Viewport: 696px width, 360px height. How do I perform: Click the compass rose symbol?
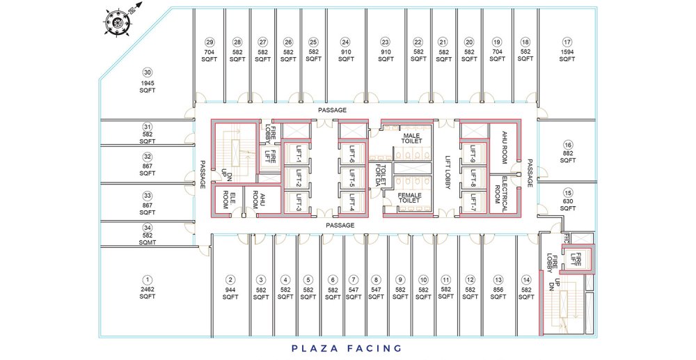point(118,20)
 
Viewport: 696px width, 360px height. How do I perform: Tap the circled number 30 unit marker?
point(147,72)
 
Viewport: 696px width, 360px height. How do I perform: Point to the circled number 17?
point(567,42)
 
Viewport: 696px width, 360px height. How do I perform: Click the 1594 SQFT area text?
point(567,56)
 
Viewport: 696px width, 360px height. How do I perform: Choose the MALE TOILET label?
point(411,138)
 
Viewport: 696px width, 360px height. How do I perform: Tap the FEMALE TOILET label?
point(409,198)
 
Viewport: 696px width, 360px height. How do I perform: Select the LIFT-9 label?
point(473,154)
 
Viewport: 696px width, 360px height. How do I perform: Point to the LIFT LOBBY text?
point(448,172)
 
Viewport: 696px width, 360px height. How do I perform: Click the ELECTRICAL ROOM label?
point(500,194)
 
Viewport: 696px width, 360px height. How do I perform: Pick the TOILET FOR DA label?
point(381,175)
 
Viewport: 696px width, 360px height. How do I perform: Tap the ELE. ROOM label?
point(228,200)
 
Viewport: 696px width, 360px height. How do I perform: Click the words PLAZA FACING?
point(347,348)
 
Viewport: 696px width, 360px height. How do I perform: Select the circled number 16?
point(568,145)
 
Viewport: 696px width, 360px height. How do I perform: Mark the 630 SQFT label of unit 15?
point(568,205)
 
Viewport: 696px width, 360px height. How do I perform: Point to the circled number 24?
point(346,42)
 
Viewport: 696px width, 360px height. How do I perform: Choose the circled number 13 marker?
point(498,280)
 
